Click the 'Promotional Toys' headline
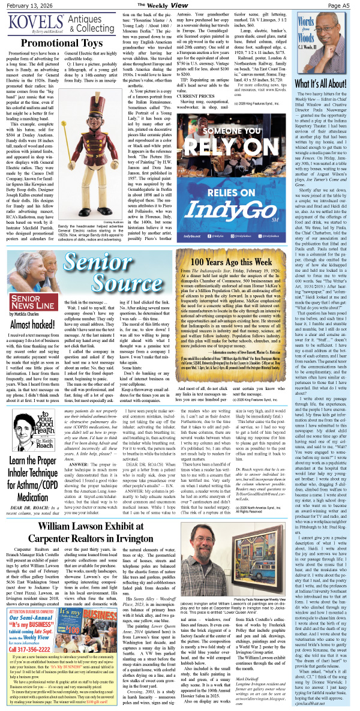(62, 44)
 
